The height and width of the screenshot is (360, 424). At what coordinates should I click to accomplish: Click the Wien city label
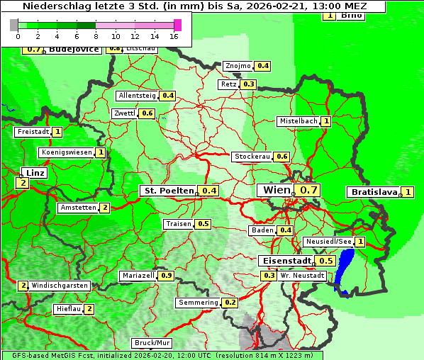[x=276, y=190]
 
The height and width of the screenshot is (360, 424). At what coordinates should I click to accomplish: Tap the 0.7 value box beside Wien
[x=309, y=190]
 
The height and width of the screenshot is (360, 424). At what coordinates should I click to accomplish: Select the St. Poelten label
[x=168, y=191]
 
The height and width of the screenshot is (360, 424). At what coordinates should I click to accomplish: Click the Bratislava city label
[x=372, y=192]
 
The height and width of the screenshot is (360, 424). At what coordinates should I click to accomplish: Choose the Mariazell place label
[x=138, y=275]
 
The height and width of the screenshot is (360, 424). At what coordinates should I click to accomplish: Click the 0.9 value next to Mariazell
[x=167, y=275]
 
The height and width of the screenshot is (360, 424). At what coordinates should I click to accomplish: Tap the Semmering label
[x=198, y=303]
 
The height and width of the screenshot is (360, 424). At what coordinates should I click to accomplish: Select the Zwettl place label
[x=125, y=113]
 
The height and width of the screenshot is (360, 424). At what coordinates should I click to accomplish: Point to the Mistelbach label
[x=298, y=121]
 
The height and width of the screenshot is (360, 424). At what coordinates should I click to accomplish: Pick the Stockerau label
[x=252, y=157]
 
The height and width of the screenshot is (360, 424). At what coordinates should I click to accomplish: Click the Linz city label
[x=35, y=173]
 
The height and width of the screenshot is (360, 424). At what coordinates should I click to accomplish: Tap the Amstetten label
[x=77, y=208]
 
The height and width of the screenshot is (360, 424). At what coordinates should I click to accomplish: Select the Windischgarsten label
[x=59, y=286]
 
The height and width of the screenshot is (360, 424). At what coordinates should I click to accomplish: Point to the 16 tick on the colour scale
[x=174, y=35]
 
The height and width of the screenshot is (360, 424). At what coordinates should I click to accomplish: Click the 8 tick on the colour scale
[x=95, y=35]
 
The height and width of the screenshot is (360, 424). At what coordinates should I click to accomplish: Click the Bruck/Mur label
[x=152, y=342]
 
